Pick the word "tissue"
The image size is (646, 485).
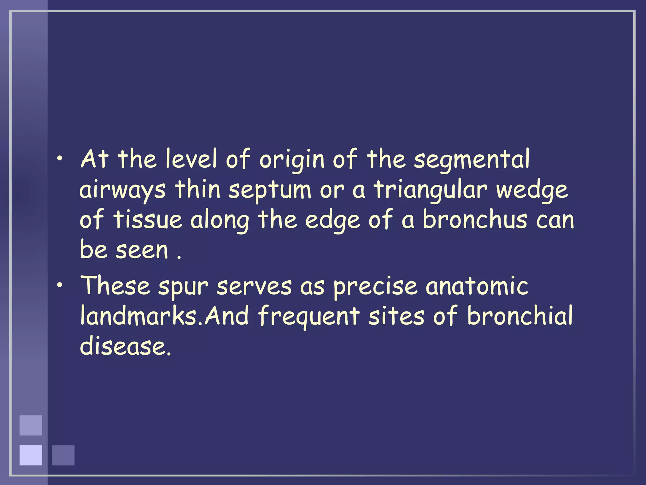pos(148,220)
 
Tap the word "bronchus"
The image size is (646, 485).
pos(475,220)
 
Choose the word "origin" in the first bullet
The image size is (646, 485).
pos(292,159)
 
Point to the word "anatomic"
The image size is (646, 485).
pos(477,286)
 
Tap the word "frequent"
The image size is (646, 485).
pos(309,316)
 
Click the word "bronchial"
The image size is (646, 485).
pos(520,316)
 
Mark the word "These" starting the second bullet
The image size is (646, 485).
pos(115,285)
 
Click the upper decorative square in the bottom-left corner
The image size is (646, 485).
pos(31,425)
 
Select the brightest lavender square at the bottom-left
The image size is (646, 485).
pos(31,455)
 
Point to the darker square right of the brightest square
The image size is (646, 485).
pos(63,455)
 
